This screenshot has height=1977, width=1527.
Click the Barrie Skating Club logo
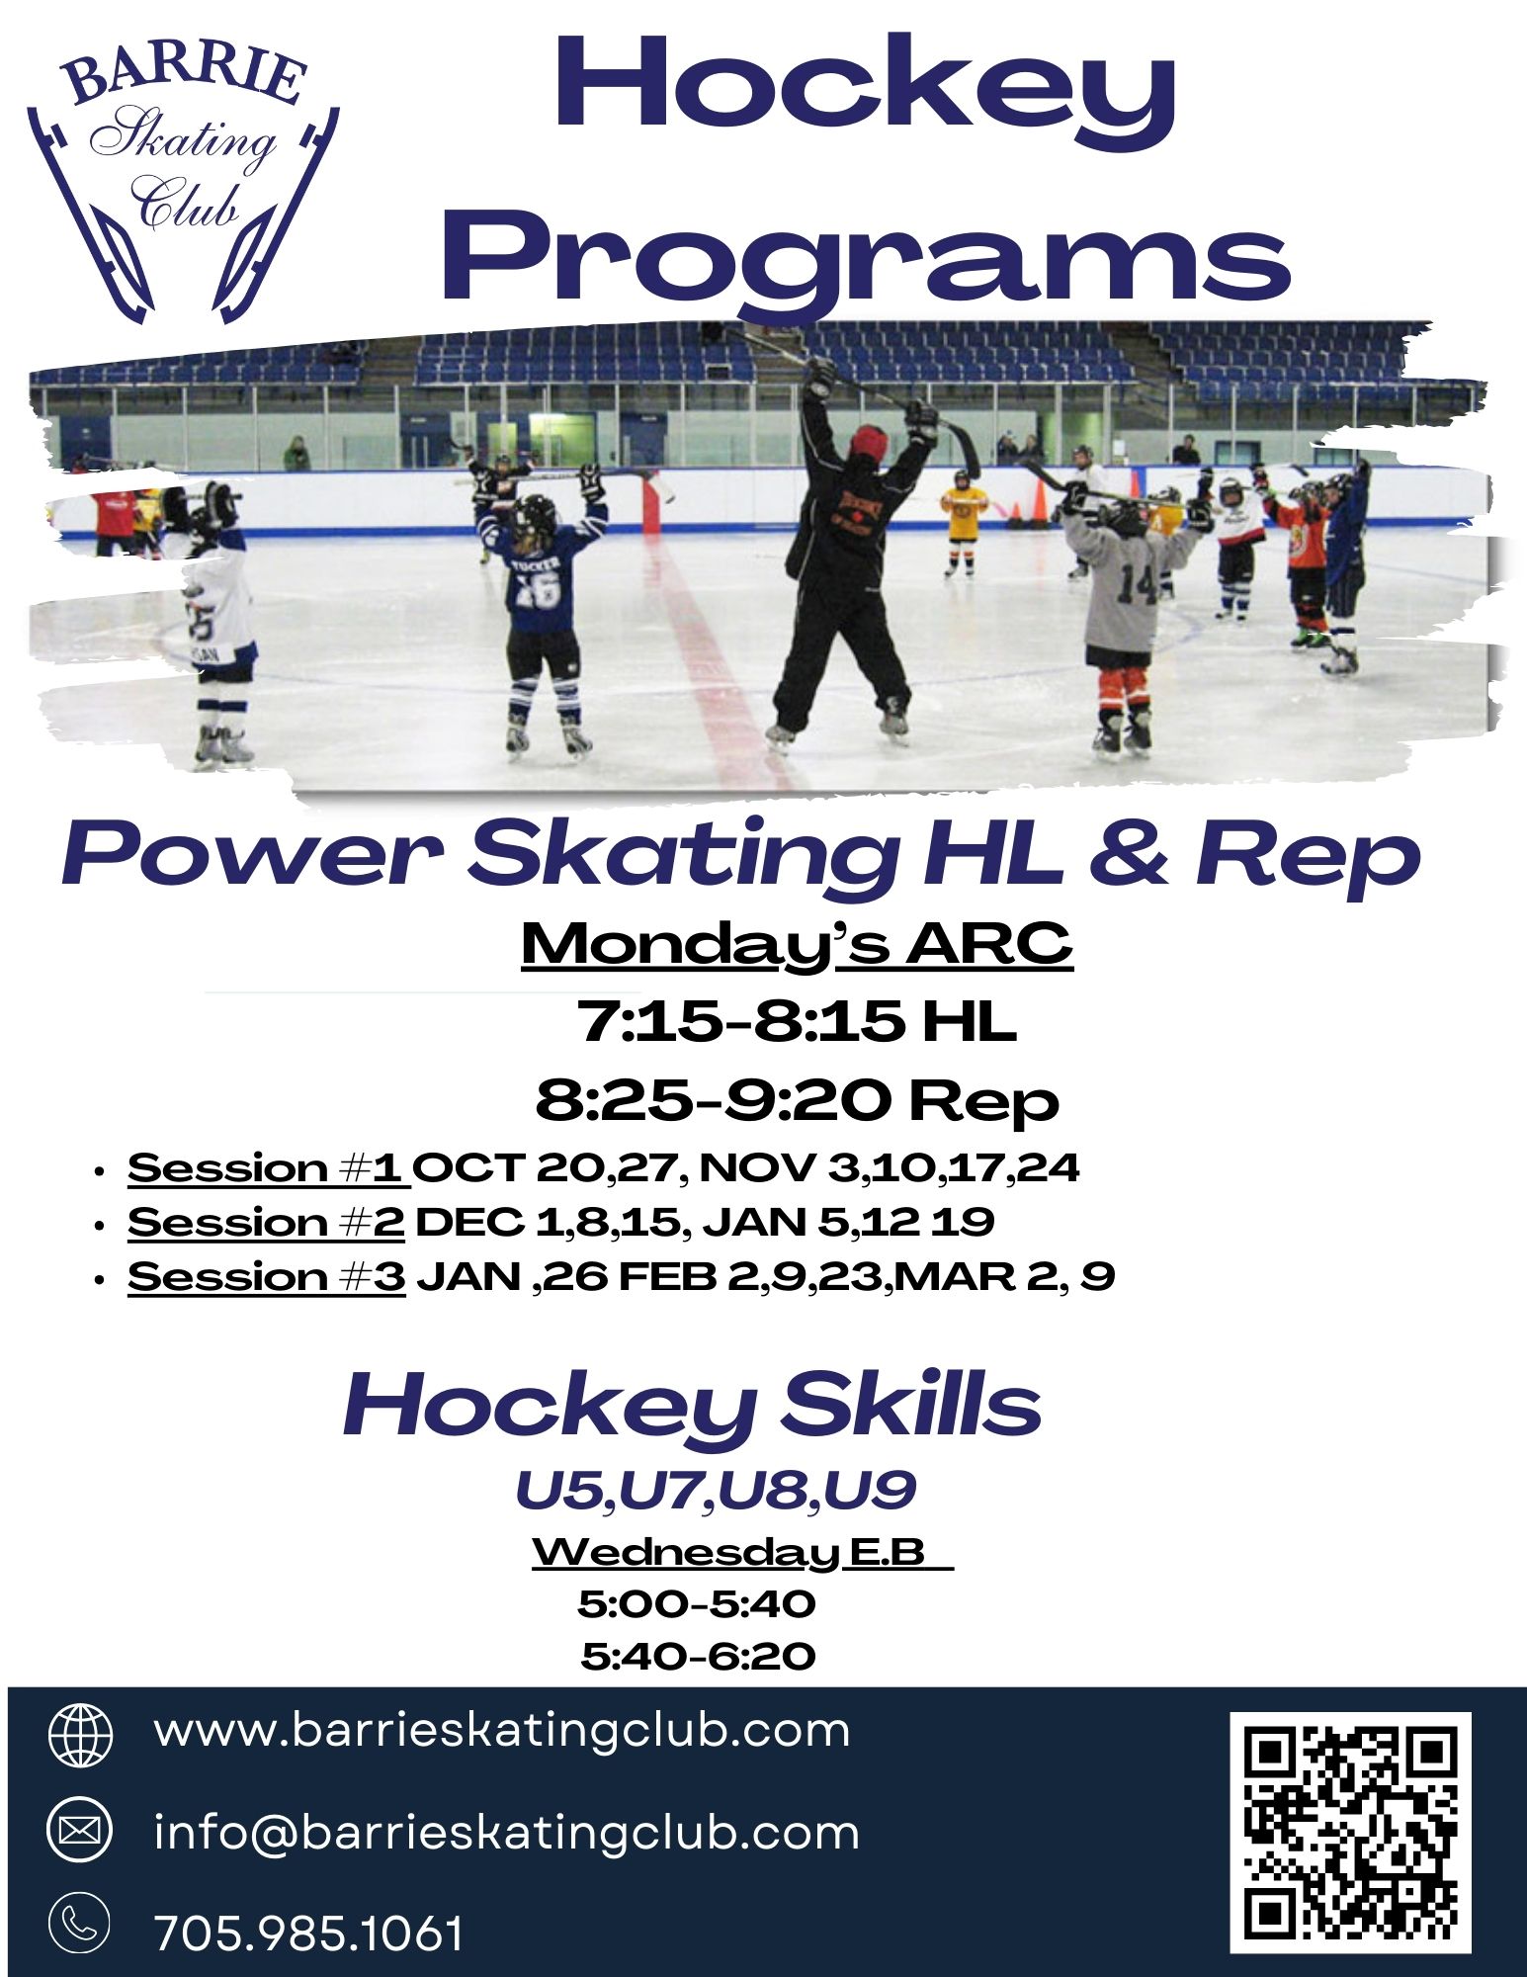[183, 183]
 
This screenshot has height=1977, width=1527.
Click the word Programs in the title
[866, 258]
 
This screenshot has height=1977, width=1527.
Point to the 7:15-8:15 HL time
[797, 1021]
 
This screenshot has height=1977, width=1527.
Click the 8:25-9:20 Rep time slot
[797, 1100]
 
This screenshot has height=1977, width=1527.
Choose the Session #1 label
[267, 1168]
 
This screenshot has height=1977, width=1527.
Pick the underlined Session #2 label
[267, 1223]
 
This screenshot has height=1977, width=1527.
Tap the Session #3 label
[267, 1276]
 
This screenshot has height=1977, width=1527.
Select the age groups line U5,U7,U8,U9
[716, 1491]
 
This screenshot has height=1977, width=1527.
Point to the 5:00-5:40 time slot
[697, 1603]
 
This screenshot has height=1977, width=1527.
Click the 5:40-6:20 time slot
[698, 1656]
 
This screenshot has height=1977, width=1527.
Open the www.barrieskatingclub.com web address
[502, 1730]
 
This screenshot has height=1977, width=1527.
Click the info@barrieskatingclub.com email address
[506, 1833]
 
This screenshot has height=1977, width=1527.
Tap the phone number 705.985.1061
[308, 1934]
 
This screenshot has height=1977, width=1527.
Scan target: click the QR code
[1351, 1833]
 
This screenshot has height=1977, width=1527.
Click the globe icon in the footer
[81, 1734]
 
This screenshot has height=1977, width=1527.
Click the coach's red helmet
[868, 440]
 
